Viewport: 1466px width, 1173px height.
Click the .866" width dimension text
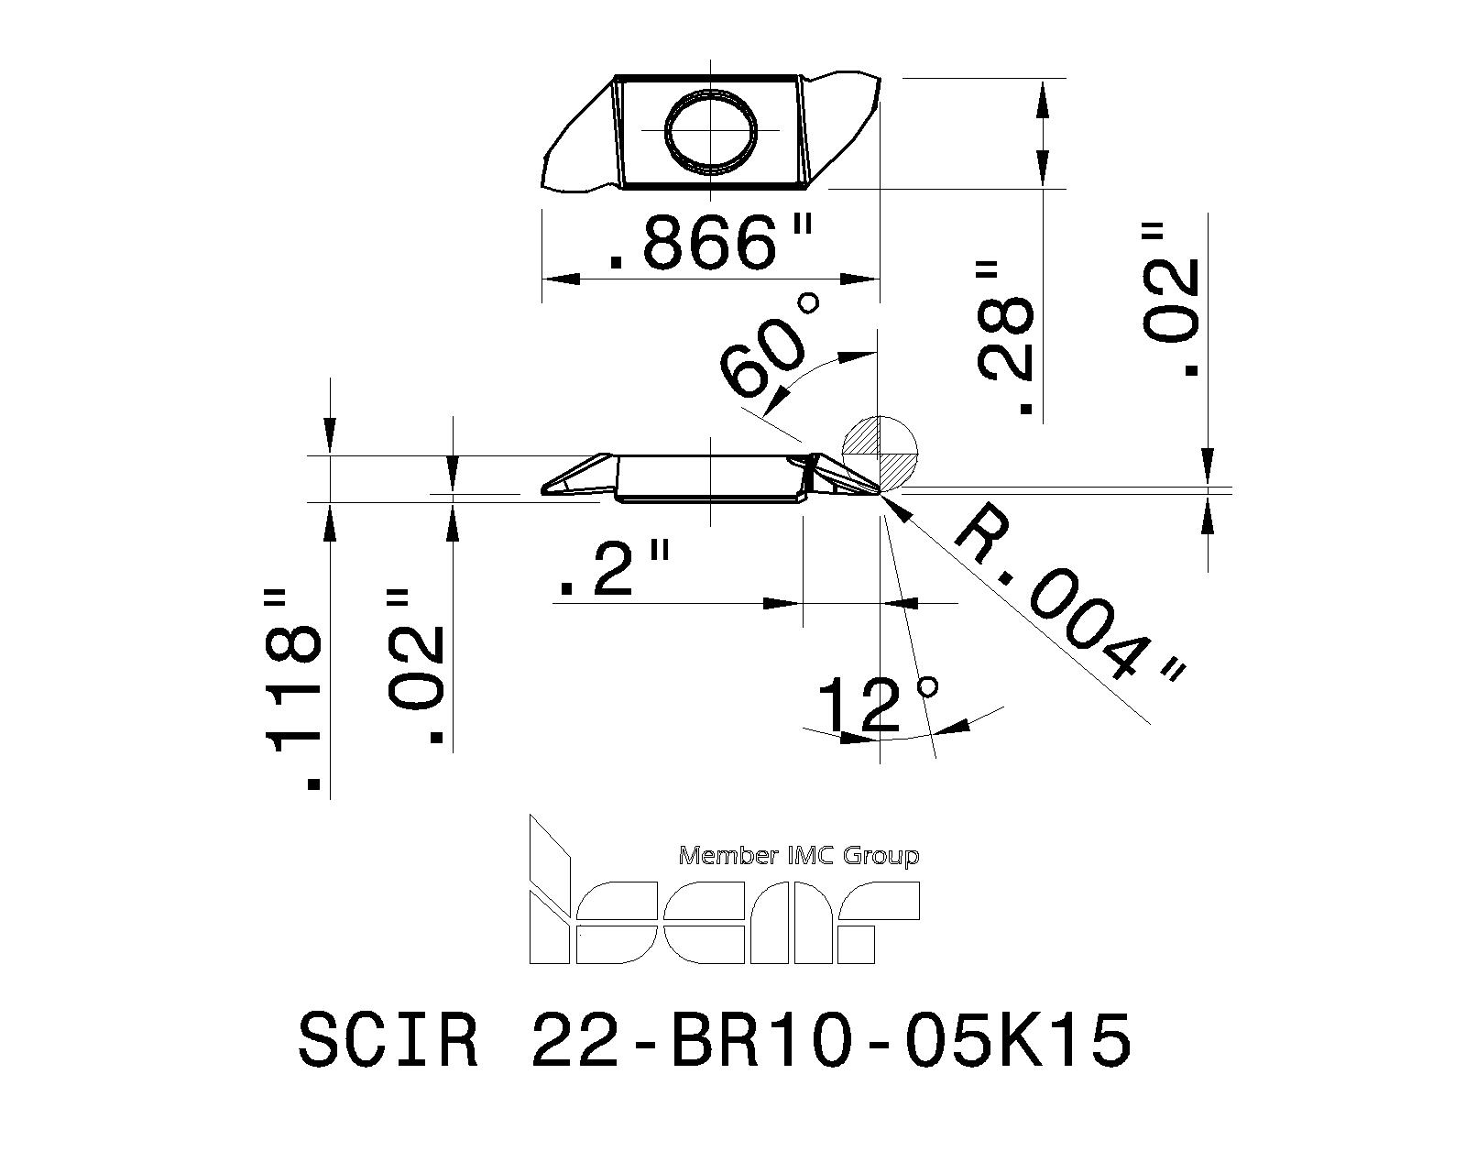710,243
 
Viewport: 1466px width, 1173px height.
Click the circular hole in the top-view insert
712,131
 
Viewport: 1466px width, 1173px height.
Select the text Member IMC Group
797,856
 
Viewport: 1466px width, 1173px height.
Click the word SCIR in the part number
388,1041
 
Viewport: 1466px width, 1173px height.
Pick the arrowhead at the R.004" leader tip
898,507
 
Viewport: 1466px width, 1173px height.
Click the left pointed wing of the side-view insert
573,478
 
